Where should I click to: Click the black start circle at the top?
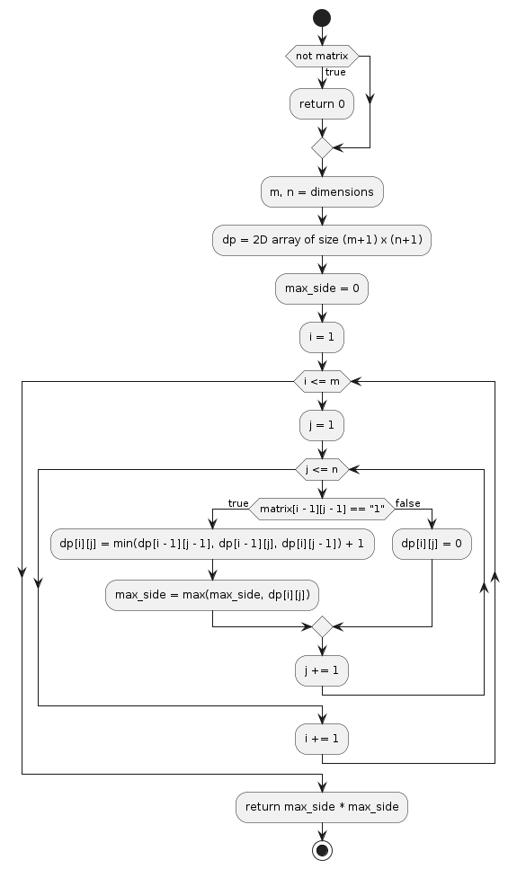coord(322,18)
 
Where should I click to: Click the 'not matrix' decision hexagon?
coord(322,57)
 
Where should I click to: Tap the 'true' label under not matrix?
coord(335,72)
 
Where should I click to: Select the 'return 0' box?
coord(322,104)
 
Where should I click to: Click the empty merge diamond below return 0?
coord(322,146)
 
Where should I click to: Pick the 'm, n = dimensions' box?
coord(322,192)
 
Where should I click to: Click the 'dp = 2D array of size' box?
coord(322,241)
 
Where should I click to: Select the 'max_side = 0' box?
coord(322,289)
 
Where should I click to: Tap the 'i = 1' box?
coord(322,338)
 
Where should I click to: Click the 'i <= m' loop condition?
coord(322,382)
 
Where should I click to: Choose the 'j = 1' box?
coord(322,426)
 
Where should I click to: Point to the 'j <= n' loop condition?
coord(322,469)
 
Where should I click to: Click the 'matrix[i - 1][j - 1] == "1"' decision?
coord(322,510)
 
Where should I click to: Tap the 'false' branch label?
coord(407,503)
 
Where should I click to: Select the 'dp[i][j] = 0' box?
coord(432,545)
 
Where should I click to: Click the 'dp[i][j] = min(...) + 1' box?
coord(211,545)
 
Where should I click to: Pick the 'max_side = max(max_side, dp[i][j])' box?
coord(211,594)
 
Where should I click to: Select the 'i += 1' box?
coord(322,740)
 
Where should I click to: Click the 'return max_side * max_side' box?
coord(322,807)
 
